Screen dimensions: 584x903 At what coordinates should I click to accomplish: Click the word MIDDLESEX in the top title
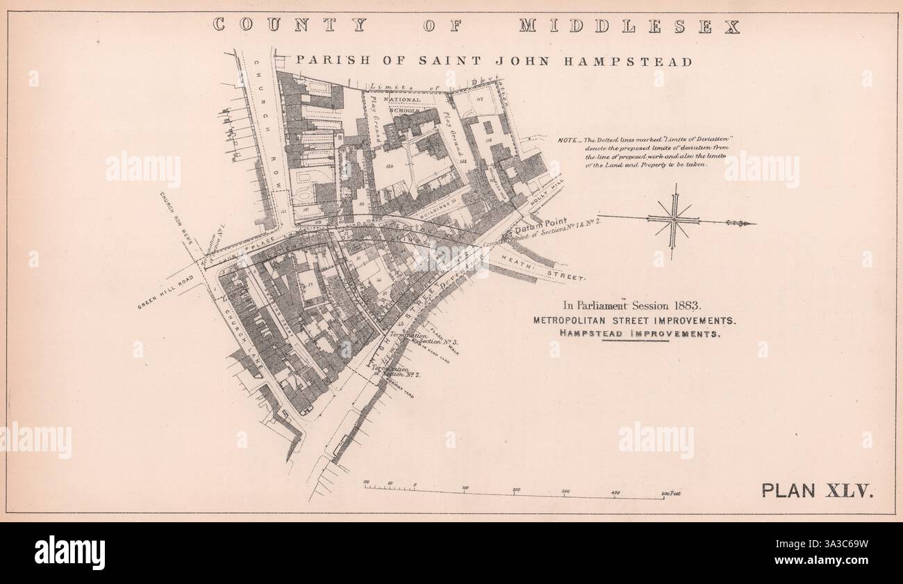coord(629,26)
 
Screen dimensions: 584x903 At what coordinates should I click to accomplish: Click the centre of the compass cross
coord(672,220)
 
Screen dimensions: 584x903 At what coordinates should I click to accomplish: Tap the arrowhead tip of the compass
coord(755,224)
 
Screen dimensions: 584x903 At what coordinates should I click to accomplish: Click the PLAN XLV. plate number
coord(817,490)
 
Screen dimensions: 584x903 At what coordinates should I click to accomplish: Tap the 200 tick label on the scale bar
coord(516,490)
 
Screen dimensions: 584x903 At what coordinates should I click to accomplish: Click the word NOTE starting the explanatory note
coord(567,140)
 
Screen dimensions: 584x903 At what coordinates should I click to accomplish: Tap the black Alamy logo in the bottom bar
coord(69,553)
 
